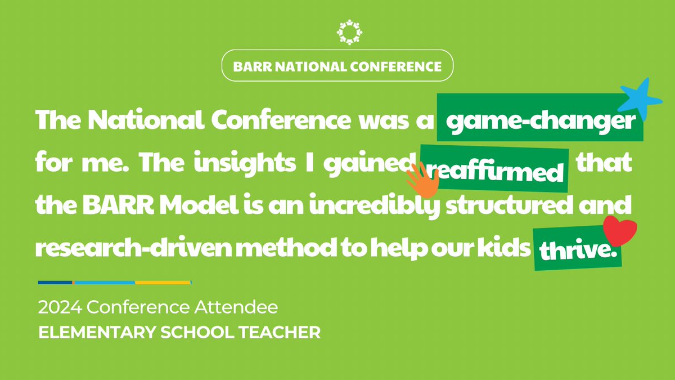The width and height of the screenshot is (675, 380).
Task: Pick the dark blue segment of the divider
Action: point(55,282)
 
